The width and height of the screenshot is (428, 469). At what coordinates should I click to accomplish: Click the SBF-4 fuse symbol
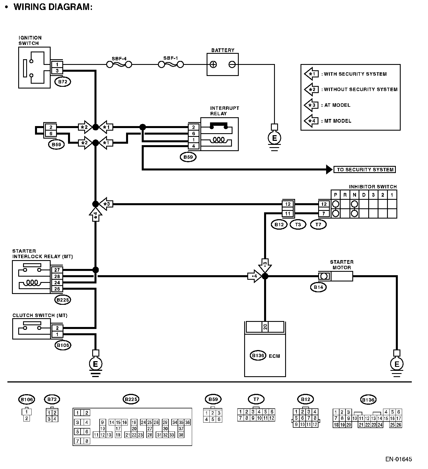click(119, 65)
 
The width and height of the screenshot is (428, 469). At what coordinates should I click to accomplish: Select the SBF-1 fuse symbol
click(170, 65)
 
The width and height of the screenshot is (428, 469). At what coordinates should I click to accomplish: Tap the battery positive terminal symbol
click(213, 64)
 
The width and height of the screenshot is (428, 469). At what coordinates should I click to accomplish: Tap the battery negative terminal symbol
click(232, 64)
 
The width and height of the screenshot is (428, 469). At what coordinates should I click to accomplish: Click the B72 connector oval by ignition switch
click(63, 82)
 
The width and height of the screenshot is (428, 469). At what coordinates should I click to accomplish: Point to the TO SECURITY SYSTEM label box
click(365, 170)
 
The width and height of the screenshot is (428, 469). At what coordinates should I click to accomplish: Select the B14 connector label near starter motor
click(318, 287)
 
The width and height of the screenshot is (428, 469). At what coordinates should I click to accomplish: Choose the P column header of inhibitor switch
click(336, 195)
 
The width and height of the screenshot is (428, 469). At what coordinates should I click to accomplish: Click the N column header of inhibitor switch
click(354, 195)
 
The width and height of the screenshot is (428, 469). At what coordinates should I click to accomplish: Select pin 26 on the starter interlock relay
click(57, 289)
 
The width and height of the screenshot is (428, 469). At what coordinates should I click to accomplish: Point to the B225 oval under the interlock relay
click(63, 300)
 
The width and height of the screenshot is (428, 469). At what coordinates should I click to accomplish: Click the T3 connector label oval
click(298, 225)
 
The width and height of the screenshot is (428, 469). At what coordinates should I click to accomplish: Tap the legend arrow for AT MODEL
click(311, 105)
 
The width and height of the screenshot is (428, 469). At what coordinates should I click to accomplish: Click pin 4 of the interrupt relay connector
click(194, 146)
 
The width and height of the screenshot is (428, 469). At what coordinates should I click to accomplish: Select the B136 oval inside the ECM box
click(258, 355)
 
